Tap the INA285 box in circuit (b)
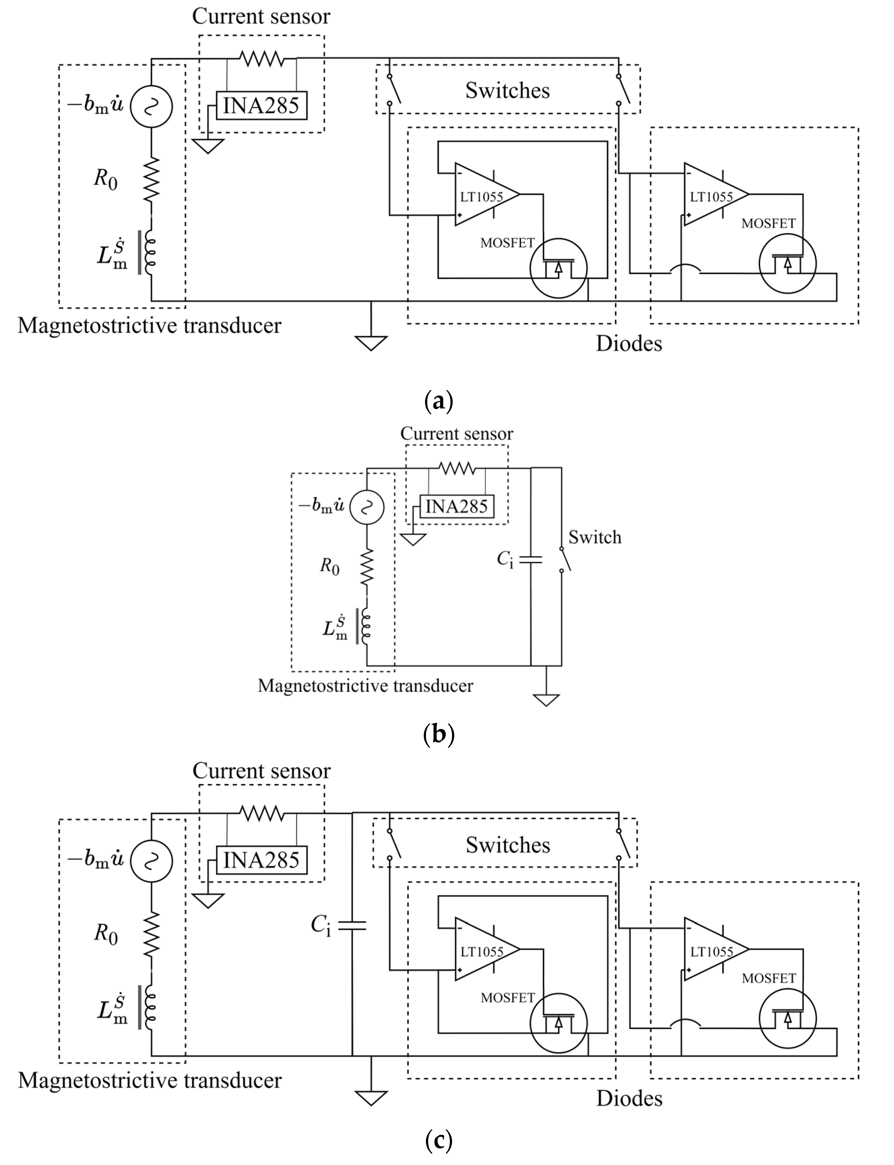[x=457, y=506]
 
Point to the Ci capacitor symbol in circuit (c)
[x=352, y=926]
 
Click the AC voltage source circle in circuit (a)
[x=152, y=106]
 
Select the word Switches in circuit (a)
[x=507, y=90]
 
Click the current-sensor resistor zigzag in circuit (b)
[x=457, y=468]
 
